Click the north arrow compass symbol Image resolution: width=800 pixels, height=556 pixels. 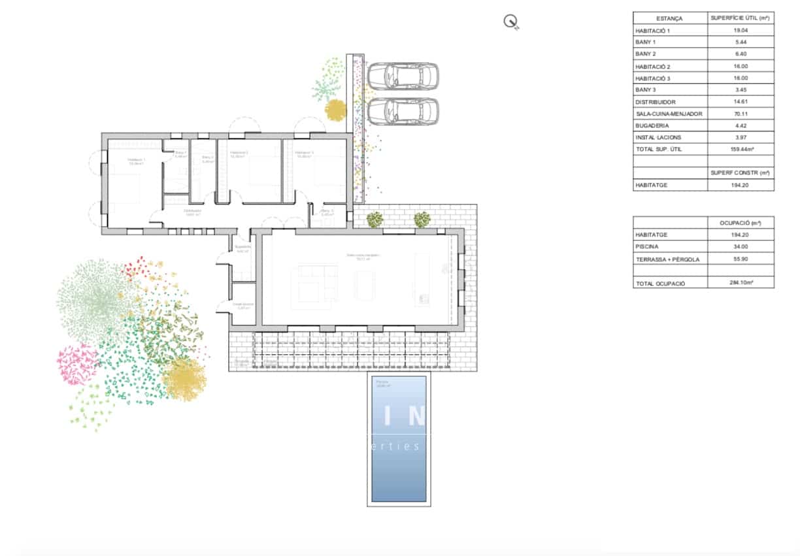point(510,22)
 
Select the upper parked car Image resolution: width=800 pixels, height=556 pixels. point(403,76)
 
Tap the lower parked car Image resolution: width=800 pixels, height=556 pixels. point(403,111)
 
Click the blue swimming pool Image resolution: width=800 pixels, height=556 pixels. point(399,439)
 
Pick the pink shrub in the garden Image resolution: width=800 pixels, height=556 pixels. point(76,364)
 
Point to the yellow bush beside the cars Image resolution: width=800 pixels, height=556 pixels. point(336,110)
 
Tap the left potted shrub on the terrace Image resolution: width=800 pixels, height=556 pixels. point(375,220)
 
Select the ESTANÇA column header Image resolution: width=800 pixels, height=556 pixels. point(669,18)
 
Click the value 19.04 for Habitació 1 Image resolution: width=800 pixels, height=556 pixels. point(740,31)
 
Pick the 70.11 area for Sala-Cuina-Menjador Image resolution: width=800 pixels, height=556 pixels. point(740,114)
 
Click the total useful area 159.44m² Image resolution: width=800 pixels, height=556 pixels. point(740,149)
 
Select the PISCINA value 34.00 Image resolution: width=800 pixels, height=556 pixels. point(740,247)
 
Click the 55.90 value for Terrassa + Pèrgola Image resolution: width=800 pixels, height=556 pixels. point(740,259)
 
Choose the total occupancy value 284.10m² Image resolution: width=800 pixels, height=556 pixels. point(740,283)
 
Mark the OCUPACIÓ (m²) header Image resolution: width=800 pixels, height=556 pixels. point(740,223)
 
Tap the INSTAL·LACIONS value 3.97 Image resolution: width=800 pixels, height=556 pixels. point(740,137)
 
